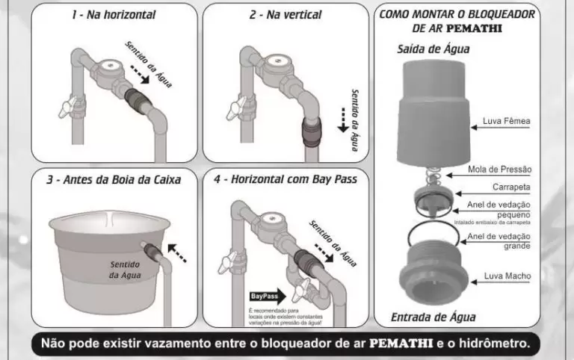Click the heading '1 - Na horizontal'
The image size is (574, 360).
[113, 14]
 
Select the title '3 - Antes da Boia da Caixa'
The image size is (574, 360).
[114, 180]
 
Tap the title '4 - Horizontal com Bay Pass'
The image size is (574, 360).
[286, 180]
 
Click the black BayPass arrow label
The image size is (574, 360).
[267, 295]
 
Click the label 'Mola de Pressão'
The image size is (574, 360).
[499, 170]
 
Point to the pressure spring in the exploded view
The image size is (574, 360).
[433, 177]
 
